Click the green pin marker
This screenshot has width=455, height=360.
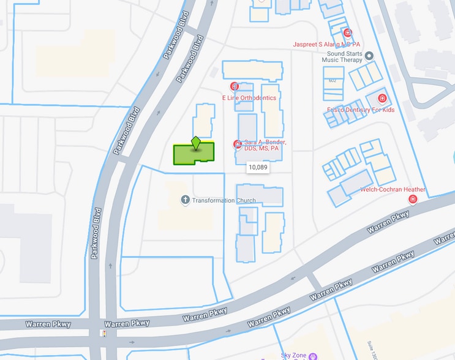click(196, 143)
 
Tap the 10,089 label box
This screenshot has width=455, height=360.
click(257, 167)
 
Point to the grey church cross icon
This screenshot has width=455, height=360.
click(185, 200)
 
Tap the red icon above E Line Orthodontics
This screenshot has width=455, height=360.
click(234, 87)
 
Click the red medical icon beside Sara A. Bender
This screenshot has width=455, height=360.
click(237, 144)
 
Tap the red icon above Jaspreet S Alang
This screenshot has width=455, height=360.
click(348, 32)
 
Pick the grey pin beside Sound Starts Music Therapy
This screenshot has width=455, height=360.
click(369, 56)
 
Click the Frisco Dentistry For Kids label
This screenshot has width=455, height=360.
click(361, 110)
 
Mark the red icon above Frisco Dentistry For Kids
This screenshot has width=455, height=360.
click(382, 98)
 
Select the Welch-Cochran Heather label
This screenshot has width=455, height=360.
click(393, 190)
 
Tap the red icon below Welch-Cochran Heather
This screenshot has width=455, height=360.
click(413, 200)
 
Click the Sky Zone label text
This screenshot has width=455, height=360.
click(292, 355)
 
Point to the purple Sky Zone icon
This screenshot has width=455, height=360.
click(313, 356)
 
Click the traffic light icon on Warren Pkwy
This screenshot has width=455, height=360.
click(103, 334)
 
